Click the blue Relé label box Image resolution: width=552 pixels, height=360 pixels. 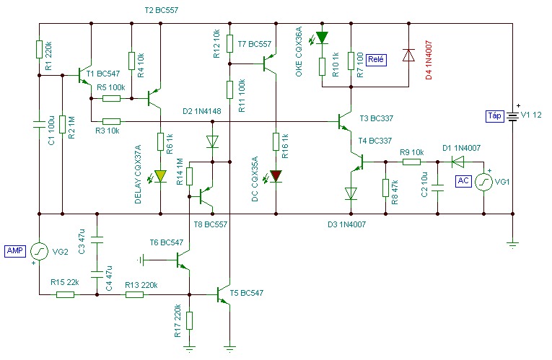coord(377,60)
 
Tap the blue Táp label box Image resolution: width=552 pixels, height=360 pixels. coord(494,116)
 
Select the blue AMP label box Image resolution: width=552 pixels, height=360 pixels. coord(15,251)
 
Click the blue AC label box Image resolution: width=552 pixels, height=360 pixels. coord(463,181)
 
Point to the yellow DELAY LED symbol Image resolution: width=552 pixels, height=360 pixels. coord(160,176)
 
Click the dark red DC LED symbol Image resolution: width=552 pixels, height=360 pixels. coord(276,176)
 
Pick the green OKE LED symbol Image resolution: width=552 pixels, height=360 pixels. coord(322,38)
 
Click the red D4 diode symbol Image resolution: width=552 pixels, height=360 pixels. coord(408,56)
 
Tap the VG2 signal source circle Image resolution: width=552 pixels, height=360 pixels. coord(39,251)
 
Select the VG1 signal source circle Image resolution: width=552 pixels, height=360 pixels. coord(483,182)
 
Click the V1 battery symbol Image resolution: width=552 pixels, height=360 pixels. coord(512,116)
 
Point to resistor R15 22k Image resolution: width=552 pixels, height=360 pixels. coord(65,294)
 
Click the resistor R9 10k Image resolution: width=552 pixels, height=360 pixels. coord(411,162)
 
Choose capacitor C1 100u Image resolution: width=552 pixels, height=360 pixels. coord(39,124)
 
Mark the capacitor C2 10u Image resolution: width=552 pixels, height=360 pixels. coord(437,188)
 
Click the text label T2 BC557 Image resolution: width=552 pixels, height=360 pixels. coord(162,10)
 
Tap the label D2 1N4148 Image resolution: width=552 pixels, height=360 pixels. coord(202,111)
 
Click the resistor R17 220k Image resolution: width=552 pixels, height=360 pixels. coord(189,320)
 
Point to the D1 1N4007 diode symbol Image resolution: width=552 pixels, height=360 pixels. coord(457,162)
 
